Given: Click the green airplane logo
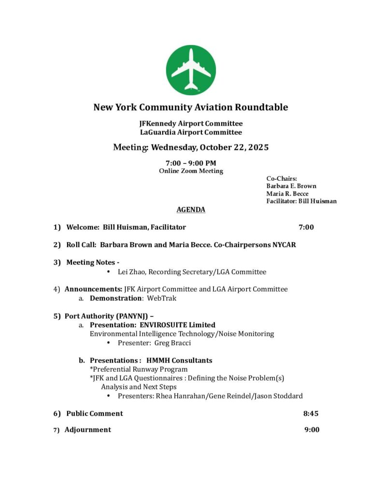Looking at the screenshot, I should (191, 70).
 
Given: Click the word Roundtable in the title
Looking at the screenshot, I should (261, 107).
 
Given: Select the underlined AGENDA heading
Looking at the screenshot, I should (191, 210).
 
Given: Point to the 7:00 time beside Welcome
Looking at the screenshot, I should (306, 227).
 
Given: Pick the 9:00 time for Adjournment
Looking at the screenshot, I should (311, 430).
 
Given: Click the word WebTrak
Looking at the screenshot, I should (162, 298).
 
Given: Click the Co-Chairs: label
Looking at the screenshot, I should (282, 179).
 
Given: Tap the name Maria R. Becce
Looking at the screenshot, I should (287, 194).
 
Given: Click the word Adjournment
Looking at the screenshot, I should (87, 430).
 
